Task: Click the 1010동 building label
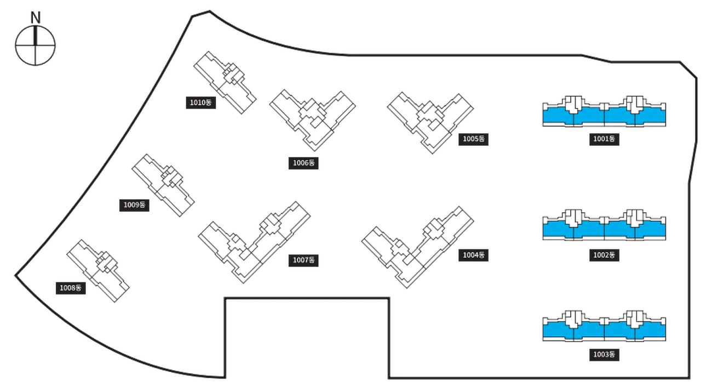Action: click(x=201, y=103)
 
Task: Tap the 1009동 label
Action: click(x=134, y=205)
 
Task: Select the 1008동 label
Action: click(x=71, y=288)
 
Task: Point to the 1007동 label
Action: click(x=303, y=260)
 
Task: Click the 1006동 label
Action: click(x=303, y=163)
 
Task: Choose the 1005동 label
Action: click(x=473, y=139)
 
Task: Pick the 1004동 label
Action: click(x=473, y=256)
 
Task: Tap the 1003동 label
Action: click(x=604, y=355)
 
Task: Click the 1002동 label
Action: click(x=604, y=256)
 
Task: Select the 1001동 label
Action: click(x=604, y=139)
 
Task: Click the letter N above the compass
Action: click(x=36, y=18)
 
